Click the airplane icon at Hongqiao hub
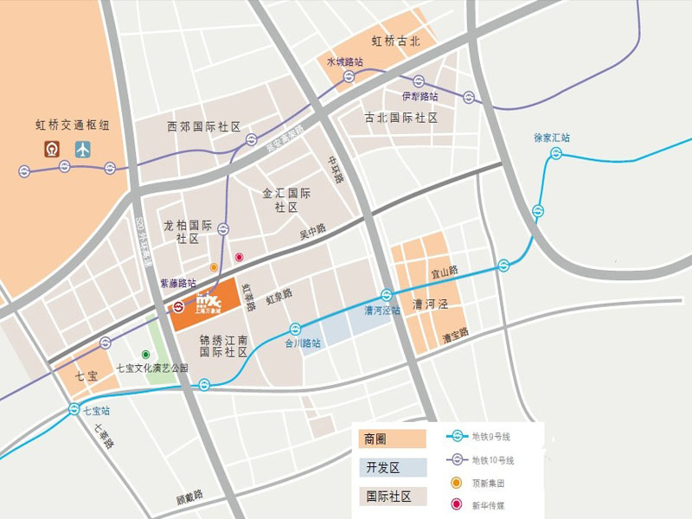[x=83, y=149]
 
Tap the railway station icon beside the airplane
[x=54, y=149]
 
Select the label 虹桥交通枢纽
[x=67, y=125]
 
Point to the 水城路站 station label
[x=344, y=62]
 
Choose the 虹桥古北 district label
[x=395, y=41]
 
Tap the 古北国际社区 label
[x=400, y=118]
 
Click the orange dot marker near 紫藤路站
[x=214, y=267]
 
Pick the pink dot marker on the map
[x=240, y=258]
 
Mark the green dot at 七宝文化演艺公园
[x=146, y=355]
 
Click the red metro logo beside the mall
[x=177, y=306]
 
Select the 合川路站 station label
[x=303, y=343]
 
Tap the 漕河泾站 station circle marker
[x=387, y=294]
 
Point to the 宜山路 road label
[x=445, y=272]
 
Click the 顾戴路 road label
[x=189, y=497]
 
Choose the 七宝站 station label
[x=97, y=411]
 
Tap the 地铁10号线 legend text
[x=493, y=459]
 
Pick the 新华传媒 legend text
[x=490, y=504]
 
